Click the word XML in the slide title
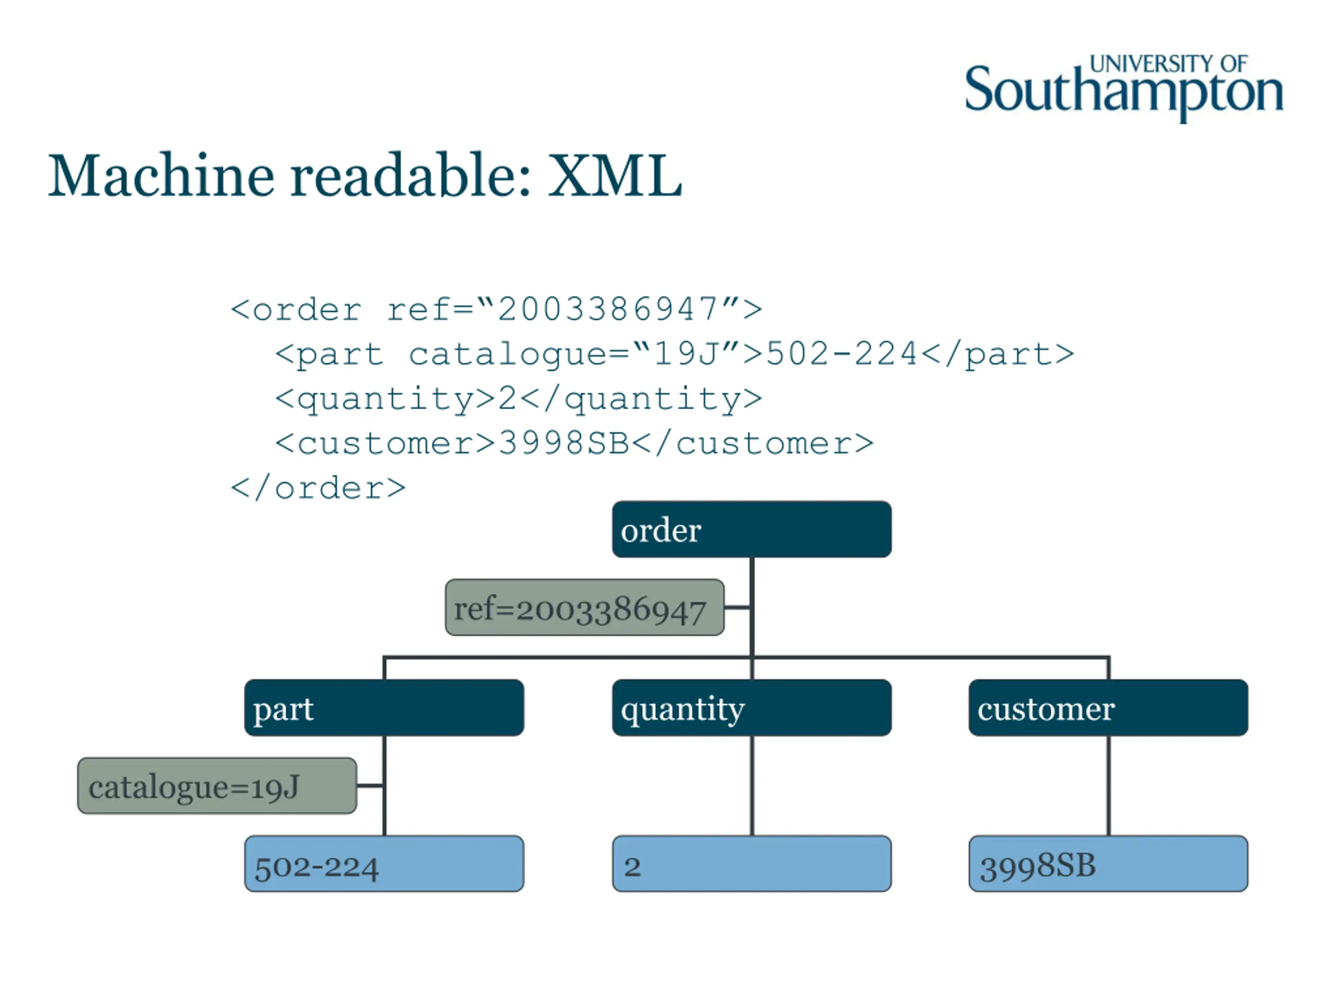click(615, 176)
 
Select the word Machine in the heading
click(161, 176)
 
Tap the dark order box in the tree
click(752, 529)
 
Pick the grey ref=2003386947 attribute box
click(584, 607)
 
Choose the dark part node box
click(384, 707)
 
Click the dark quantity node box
click(752, 707)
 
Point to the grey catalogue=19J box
click(217, 785)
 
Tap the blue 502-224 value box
click(384, 864)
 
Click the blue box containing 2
click(752, 864)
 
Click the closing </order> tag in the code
click(318, 488)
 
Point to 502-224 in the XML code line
click(842, 354)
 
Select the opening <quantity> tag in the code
click(385, 399)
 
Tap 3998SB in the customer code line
click(564, 443)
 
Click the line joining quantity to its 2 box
click(752, 785)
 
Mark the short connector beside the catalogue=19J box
click(370, 785)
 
